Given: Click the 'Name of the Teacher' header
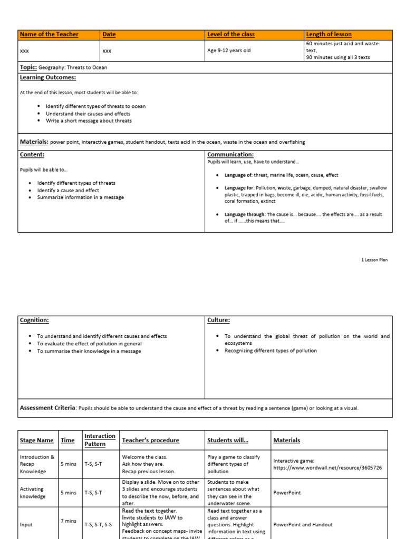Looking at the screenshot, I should pyautogui.click(x=49, y=34).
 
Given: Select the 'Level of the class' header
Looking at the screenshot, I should pyautogui.click(x=231, y=34).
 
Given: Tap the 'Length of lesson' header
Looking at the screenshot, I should pyautogui.click(x=329, y=34).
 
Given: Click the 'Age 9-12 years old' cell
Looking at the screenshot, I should pyautogui.click(x=229, y=51).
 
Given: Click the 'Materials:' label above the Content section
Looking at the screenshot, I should pyautogui.click(x=34, y=142).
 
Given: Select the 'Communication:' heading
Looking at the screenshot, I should pyautogui.click(x=230, y=154).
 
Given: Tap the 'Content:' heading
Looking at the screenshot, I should pyautogui.click(x=32, y=154).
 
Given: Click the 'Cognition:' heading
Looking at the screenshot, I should pyautogui.click(x=34, y=320).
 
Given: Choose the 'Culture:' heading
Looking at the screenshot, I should pyautogui.click(x=218, y=320).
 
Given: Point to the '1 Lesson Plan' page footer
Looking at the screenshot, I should pyautogui.click(x=374, y=260).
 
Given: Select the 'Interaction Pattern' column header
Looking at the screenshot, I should pyautogui.click(x=100, y=440).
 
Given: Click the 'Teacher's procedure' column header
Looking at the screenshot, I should pyautogui.click(x=150, y=440).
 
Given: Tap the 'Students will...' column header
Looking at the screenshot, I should pyautogui.click(x=227, y=440).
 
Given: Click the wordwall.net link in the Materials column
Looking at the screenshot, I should pyautogui.click(x=327, y=467).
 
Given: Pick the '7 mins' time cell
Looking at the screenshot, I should pyautogui.click(x=67, y=521).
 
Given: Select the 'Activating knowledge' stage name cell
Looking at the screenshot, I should pyautogui.click(x=33, y=493).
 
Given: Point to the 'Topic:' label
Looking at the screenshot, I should pyautogui.click(x=28, y=67).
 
